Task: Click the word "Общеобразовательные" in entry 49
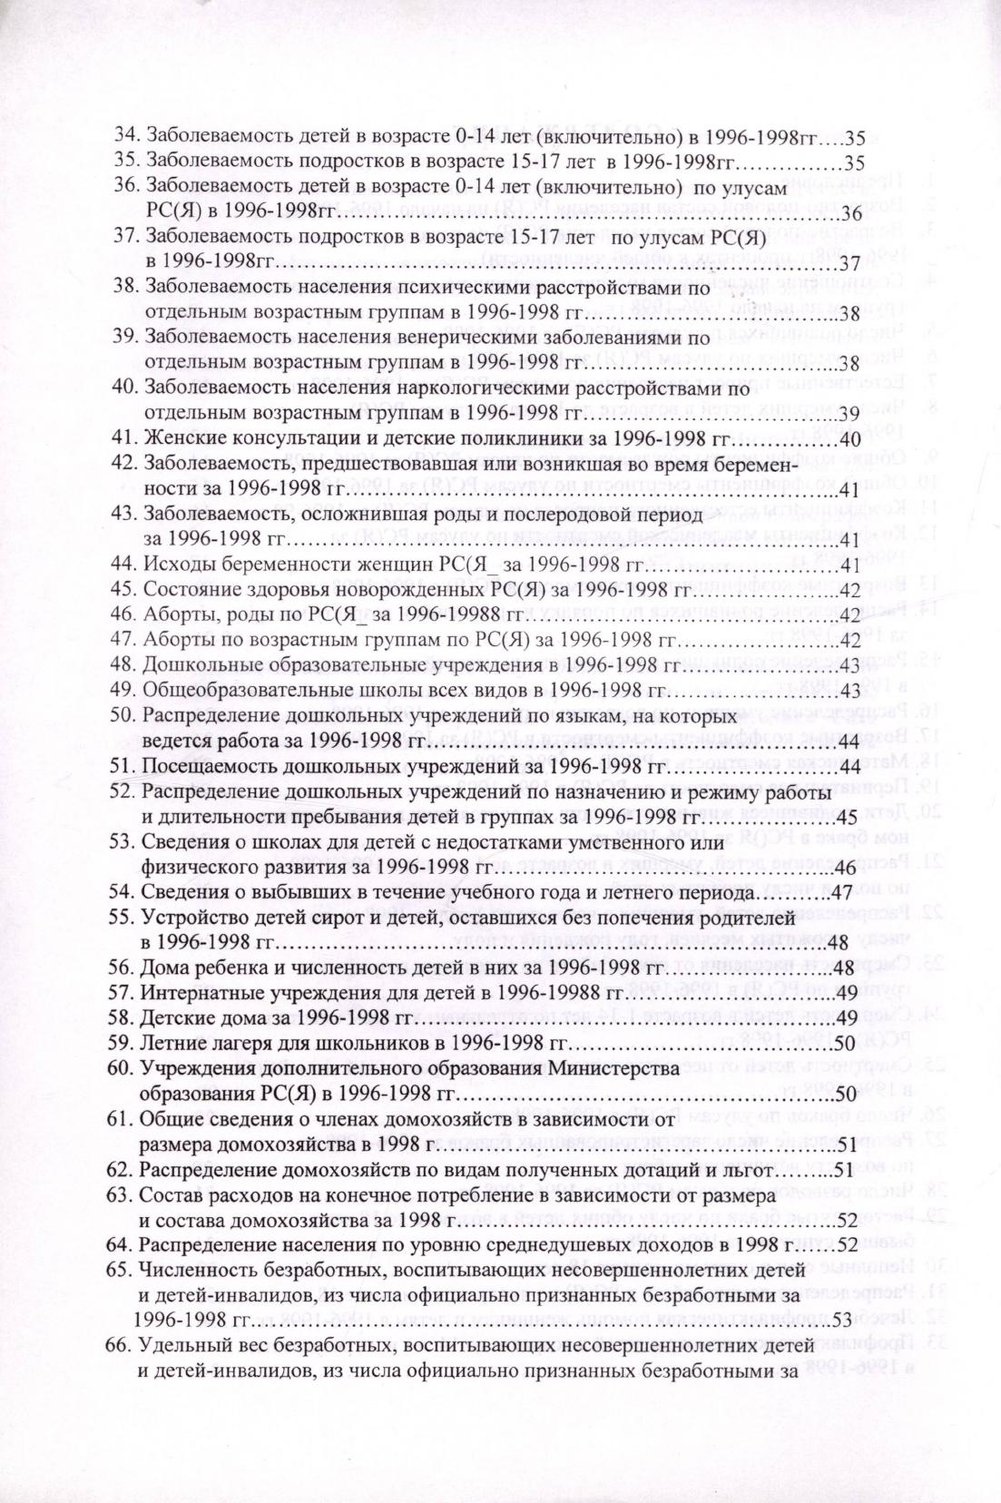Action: (231, 692)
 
